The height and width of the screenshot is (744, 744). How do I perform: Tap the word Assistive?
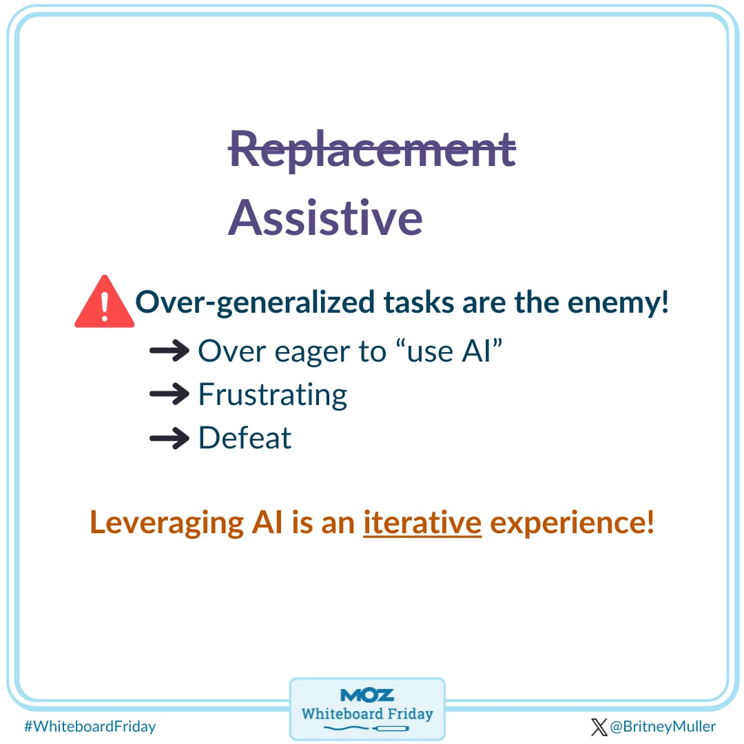pyautogui.click(x=325, y=217)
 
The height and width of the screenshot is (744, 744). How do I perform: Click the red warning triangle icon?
pyautogui.click(x=104, y=303)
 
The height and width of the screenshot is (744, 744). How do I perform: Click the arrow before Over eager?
pyautogui.click(x=169, y=351)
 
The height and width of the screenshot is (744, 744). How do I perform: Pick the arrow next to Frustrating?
pyautogui.click(x=169, y=395)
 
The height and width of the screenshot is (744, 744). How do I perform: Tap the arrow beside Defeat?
pyautogui.click(x=169, y=438)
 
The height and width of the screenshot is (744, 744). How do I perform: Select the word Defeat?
pyautogui.click(x=245, y=438)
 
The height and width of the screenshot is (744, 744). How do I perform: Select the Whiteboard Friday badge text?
pyautogui.click(x=367, y=713)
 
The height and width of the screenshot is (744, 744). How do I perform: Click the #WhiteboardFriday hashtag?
pyautogui.click(x=90, y=726)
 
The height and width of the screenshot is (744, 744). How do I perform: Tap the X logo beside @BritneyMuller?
pyautogui.click(x=599, y=727)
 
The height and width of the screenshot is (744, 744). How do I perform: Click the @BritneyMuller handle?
pyautogui.click(x=663, y=727)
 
